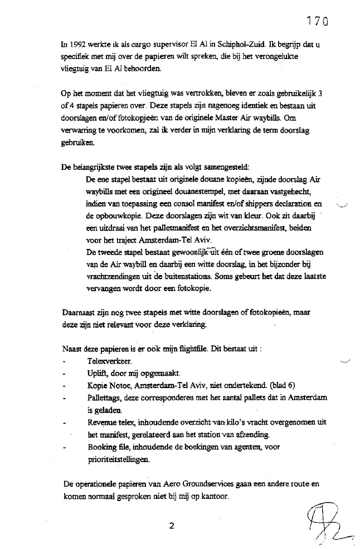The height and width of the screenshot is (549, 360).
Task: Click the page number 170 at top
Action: point(316,21)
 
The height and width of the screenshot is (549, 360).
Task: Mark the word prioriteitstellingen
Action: point(120,459)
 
